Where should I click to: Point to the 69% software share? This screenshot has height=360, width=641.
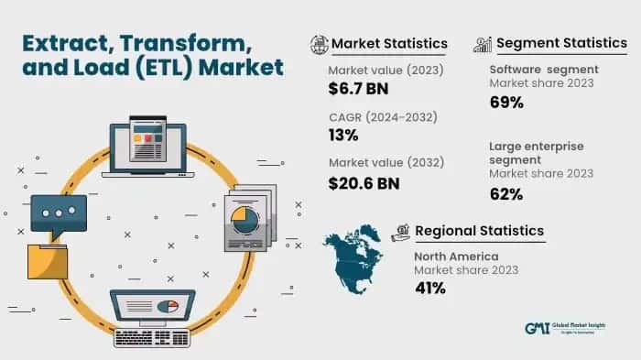[x=505, y=102]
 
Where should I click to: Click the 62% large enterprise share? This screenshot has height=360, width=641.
[x=505, y=193]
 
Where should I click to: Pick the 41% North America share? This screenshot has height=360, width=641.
[x=429, y=289]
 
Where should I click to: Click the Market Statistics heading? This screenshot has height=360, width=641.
[x=389, y=43]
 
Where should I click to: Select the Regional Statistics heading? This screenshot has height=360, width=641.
[x=480, y=230]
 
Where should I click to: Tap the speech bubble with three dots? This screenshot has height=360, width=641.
[x=59, y=213]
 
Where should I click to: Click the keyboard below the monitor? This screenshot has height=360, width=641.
[x=152, y=336]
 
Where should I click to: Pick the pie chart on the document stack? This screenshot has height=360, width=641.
[x=244, y=219]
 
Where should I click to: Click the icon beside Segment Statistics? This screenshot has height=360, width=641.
[x=483, y=43]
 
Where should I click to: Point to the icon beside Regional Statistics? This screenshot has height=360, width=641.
[x=400, y=231]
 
